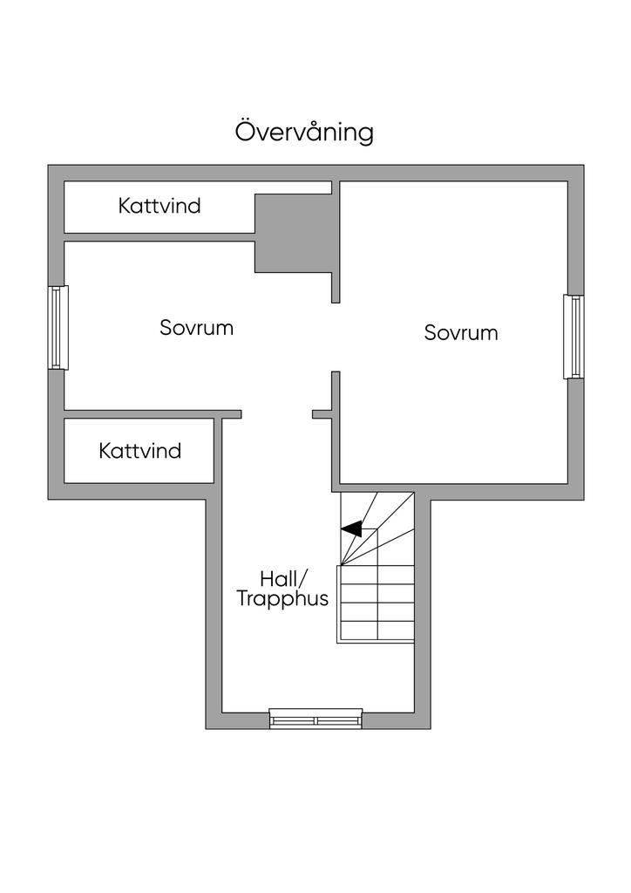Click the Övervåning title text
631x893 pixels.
[304, 132]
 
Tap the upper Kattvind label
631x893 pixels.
[159, 206]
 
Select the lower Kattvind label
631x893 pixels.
[140, 451]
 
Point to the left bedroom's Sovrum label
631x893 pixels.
[196, 328]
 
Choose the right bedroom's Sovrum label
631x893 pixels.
[461, 332]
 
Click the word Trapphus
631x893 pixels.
[282, 599]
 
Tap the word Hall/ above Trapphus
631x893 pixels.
[283, 579]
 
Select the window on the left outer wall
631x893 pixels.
[58, 328]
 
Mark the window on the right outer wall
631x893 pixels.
[573, 337]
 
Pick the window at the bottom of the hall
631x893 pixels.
[315, 719]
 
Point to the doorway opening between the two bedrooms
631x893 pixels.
[336, 337]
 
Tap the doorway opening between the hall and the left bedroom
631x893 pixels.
[277, 414]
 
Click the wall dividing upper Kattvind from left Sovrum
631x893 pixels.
[159, 237]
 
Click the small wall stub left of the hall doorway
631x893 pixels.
[231, 414]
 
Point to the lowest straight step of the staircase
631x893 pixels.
[377, 631]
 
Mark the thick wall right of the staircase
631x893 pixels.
[422, 610]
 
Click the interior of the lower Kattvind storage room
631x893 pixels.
[139, 451]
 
